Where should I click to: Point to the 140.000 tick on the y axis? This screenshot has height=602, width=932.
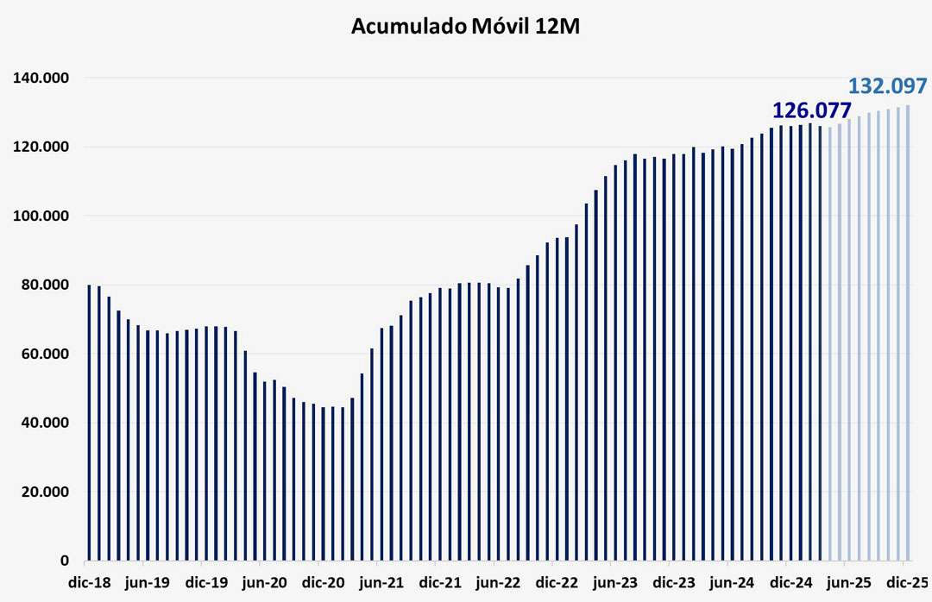coord(41,78)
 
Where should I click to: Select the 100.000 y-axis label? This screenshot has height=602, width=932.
coord(41,216)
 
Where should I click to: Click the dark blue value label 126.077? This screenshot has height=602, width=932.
coord(811,110)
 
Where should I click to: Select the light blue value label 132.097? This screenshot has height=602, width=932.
coord(888,86)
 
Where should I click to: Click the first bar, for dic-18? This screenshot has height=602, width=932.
coord(89,423)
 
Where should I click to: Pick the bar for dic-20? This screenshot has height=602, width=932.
coord(323,484)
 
